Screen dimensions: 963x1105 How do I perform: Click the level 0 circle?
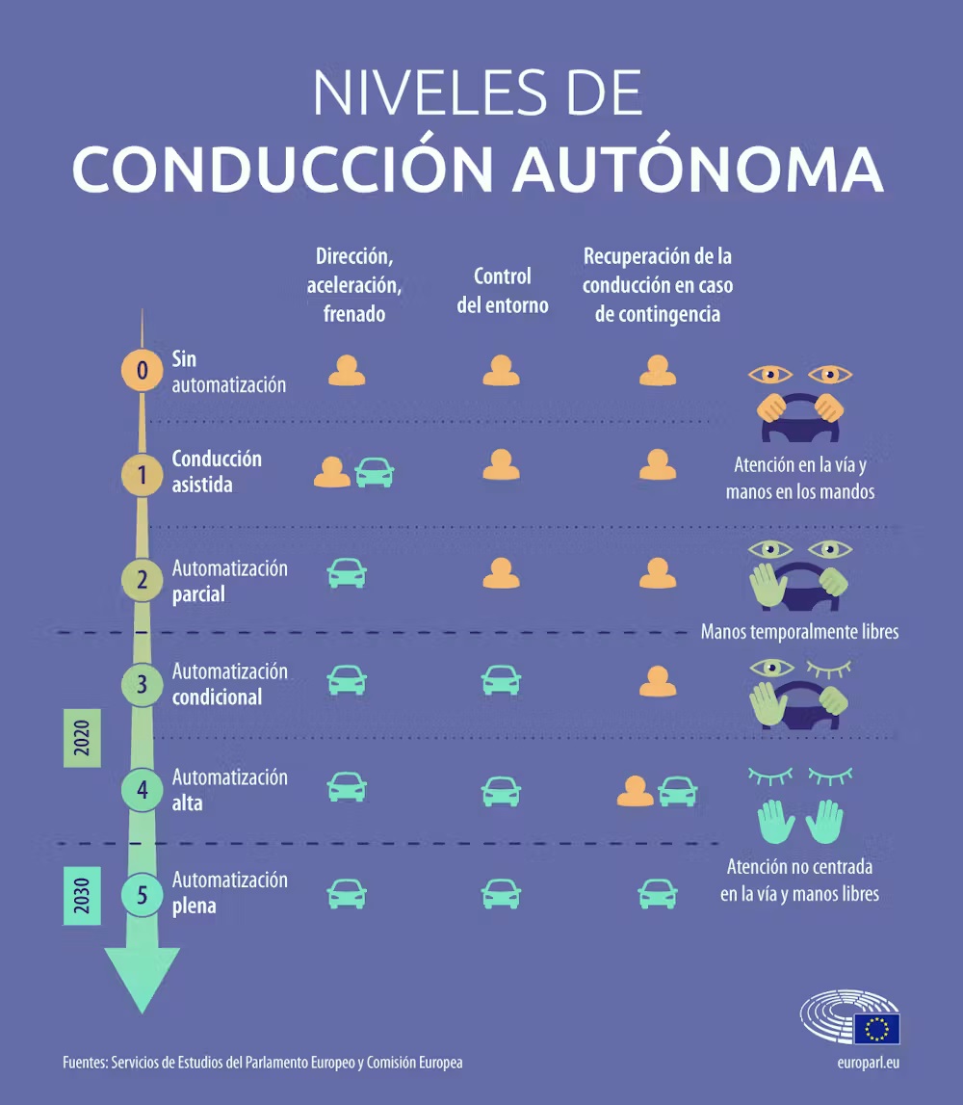click(x=142, y=370)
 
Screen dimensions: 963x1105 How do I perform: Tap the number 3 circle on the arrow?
click(x=142, y=684)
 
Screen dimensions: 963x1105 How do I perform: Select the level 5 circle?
click(x=142, y=895)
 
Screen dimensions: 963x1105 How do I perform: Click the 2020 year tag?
click(x=82, y=738)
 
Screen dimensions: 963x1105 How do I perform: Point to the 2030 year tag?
click(x=82, y=896)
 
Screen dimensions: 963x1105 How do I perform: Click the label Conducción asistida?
click(x=217, y=471)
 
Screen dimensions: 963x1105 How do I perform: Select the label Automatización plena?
click(x=229, y=893)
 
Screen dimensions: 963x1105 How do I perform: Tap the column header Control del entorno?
click(x=503, y=290)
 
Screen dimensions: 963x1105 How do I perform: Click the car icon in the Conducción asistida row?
click(x=374, y=472)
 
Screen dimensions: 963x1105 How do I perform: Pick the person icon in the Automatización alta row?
click(x=635, y=791)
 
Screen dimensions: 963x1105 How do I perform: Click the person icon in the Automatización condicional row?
click(x=658, y=681)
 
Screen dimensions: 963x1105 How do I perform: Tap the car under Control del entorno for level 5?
click(x=501, y=894)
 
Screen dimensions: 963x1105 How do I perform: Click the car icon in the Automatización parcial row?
click(x=347, y=573)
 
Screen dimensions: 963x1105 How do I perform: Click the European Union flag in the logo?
click(x=876, y=1028)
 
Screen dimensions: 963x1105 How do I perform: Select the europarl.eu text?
click(x=868, y=1063)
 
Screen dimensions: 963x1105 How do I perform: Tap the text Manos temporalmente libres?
click(x=799, y=631)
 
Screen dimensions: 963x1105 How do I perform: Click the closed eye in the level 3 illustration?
click(x=828, y=669)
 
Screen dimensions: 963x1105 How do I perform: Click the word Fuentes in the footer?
click(x=84, y=1062)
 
